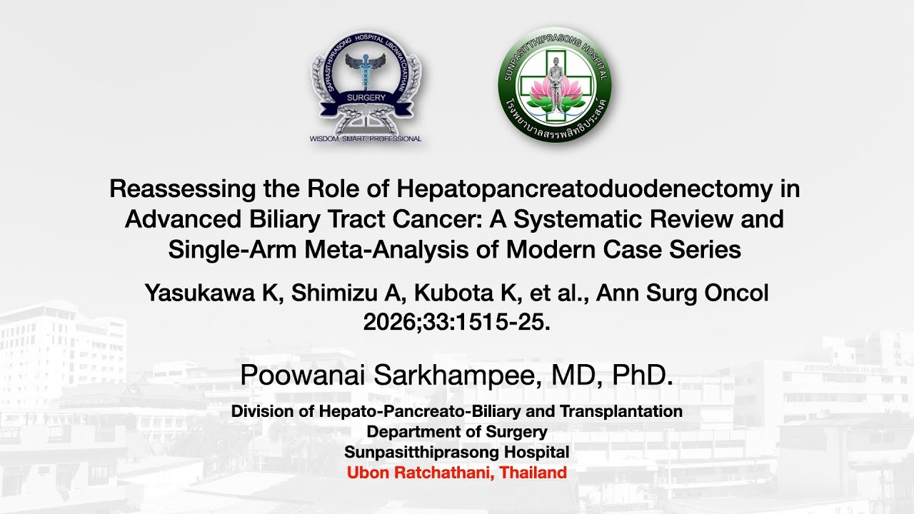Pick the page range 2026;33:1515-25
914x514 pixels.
click(x=457, y=322)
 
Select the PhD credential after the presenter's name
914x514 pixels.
click(x=646, y=375)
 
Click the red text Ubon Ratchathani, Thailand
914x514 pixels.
click(x=457, y=472)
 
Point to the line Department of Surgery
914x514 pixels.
click(x=457, y=431)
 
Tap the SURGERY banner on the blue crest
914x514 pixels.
click(x=366, y=98)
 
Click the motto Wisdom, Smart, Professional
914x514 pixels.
click(x=366, y=138)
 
